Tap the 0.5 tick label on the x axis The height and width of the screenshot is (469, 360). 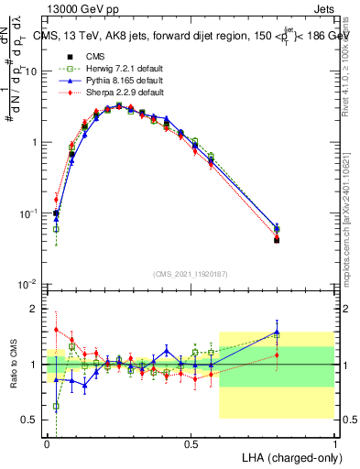191,443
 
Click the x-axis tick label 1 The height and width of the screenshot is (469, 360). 335,443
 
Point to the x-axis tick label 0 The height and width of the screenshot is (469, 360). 47,443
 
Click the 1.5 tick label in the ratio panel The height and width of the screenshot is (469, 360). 33,336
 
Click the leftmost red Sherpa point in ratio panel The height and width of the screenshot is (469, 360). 56,330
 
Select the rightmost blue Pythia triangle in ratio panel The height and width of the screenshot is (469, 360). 277,332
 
